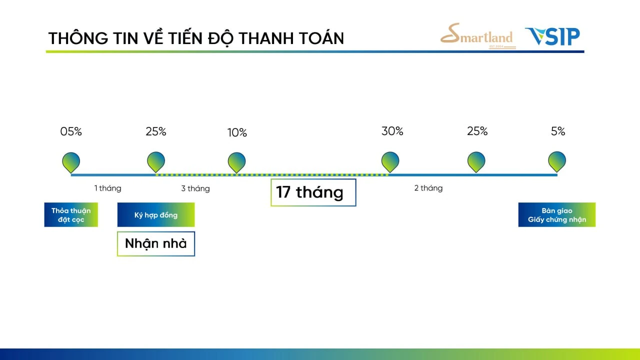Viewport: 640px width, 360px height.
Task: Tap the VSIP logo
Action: [x=552, y=36]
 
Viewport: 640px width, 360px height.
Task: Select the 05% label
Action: [x=71, y=131]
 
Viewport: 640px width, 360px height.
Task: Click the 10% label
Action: [x=237, y=132]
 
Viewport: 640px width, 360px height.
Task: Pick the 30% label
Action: [x=392, y=131]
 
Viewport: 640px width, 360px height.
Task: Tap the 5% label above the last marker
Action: [x=558, y=131]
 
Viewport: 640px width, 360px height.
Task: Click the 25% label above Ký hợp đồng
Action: [x=156, y=131]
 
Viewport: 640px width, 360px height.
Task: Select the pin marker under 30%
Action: [x=390, y=162]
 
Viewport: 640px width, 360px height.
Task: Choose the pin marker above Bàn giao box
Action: [x=557, y=161]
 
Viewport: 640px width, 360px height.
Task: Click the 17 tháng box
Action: [x=313, y=192]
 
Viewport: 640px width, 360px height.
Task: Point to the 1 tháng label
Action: [x=107, y=188]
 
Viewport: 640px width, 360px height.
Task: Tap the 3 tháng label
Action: [x=195, y=188]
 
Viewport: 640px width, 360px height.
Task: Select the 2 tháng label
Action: [x=428, y=188]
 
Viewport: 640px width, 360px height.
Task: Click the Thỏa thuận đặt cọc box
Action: [x=71, y=215]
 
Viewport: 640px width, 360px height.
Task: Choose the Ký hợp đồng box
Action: [x=156, y=215]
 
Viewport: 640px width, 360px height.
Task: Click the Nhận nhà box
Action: [x=156, y=243]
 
